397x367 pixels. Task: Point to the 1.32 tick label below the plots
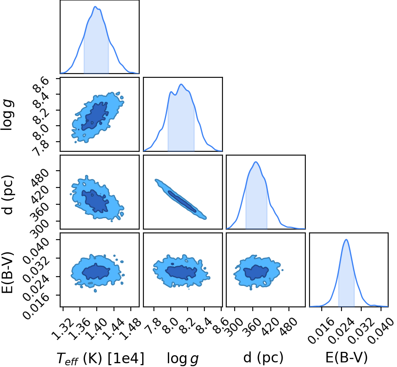pyautogui.click(x=63, y=329)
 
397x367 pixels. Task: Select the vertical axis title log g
pyautogui.click(x=7, y=115)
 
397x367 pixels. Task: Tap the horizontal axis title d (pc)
pyautogui.click(x=263, y=358)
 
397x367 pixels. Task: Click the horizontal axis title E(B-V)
pyautogui.click(x=346, y=358)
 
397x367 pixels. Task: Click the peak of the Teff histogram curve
pyautogui.click(x=95, y=7)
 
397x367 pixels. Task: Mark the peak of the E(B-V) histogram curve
pyautogui.click(x=346, y=240)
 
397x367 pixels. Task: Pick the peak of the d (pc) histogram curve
pyautogui.click(x=256, y=162)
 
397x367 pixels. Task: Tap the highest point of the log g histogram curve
pyautogui.click(x=181, y=84)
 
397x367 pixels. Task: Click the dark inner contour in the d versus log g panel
pyautogui.click(x=182, y=201)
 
